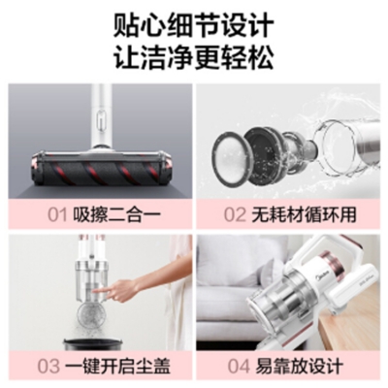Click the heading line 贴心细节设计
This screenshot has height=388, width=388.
tap(194, 24)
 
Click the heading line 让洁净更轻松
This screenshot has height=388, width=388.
tap(194, 57)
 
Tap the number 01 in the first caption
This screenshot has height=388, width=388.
tap(57, 214)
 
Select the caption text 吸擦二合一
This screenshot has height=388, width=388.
tap(116, 214)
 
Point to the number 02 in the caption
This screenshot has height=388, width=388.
tap(235, 214)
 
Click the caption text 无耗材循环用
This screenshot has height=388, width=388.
tap(304, 214)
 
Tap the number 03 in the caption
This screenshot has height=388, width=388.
tap(48, 367)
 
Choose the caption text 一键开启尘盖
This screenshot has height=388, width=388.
tap(117, 367)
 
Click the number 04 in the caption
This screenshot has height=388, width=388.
tap(239, 367)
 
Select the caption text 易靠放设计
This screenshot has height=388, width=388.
tap(299, 367)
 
